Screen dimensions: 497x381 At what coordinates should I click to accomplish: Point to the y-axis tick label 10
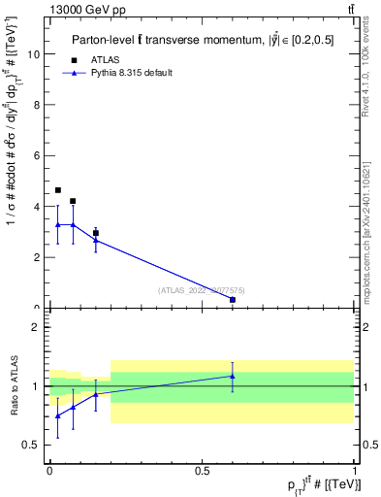pyautogui.click(x=34, y=54)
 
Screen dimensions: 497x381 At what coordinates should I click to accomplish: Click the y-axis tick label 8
pyautogui.click(x=37, y=105)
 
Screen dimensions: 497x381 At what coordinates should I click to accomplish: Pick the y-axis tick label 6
pyautogui.click(x=37, y=156)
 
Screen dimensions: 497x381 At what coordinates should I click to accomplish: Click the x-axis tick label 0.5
pyautogui.click(x=202, y=470)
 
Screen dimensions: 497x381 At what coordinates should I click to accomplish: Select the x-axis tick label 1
pyautogui.click(x=355, y=470)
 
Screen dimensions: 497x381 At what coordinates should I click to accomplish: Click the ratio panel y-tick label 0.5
pyautogui.click(x=32, y=446)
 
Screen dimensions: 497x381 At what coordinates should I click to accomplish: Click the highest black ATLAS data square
pyautogui.click(x=58, y=190)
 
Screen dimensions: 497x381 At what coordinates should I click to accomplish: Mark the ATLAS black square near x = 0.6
pyautogui.click(x=233, y=300)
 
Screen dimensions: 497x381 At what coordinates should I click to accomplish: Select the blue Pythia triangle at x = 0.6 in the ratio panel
pyautogui.click(x=233, y=376)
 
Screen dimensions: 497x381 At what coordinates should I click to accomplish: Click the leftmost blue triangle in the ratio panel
pyautogui.click(x=58, y=415)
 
